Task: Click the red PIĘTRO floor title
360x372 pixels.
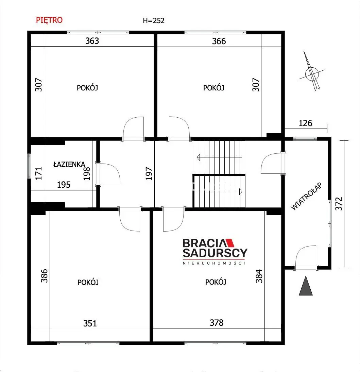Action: [49, 20]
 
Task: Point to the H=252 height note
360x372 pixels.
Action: [154, 21]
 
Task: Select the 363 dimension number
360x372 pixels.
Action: [92, 41]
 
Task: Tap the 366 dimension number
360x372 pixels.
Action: [219, 41]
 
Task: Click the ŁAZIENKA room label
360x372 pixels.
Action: [69, 164]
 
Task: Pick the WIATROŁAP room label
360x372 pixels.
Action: [306, 196]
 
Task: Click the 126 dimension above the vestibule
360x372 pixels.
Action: [306, 123]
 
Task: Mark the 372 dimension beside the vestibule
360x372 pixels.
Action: [339, 204]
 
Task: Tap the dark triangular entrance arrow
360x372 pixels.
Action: [306, 286]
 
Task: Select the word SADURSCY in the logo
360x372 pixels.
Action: [215, 253]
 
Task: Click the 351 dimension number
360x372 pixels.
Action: [90, 323]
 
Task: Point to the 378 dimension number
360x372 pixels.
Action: [217, 323]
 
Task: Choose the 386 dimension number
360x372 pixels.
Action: [44, 276]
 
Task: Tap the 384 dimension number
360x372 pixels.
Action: [259, 276]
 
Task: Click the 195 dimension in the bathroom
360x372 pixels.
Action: [64, 185]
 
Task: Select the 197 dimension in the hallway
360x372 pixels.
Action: [149, 174]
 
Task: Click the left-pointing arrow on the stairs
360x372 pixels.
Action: [219, 157]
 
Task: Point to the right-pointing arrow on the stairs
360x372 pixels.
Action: [220, 191]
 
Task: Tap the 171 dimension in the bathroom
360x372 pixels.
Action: [39, 173]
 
